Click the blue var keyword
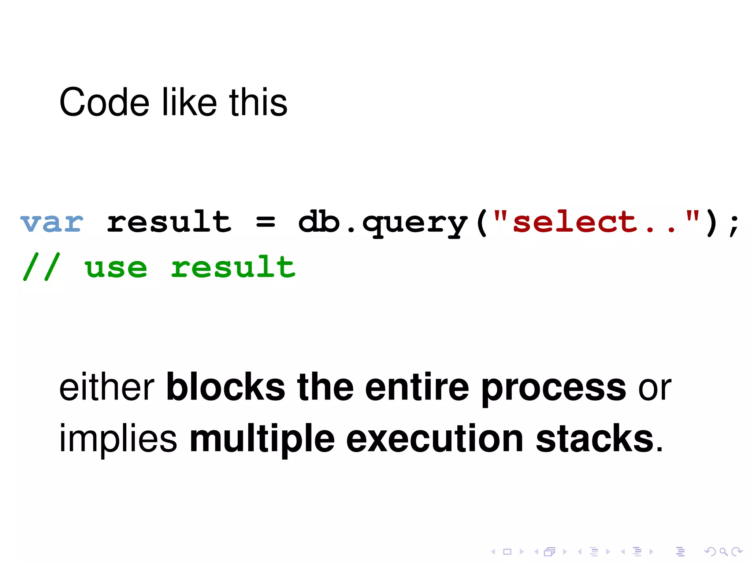click(52, 222)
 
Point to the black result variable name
click(169, 222)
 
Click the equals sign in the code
click(266, 222)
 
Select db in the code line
click(319, 222)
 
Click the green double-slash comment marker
click(41, 267)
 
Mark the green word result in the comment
click(233, 267)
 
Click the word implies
click(118, 439)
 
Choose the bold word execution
click(435, 438)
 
